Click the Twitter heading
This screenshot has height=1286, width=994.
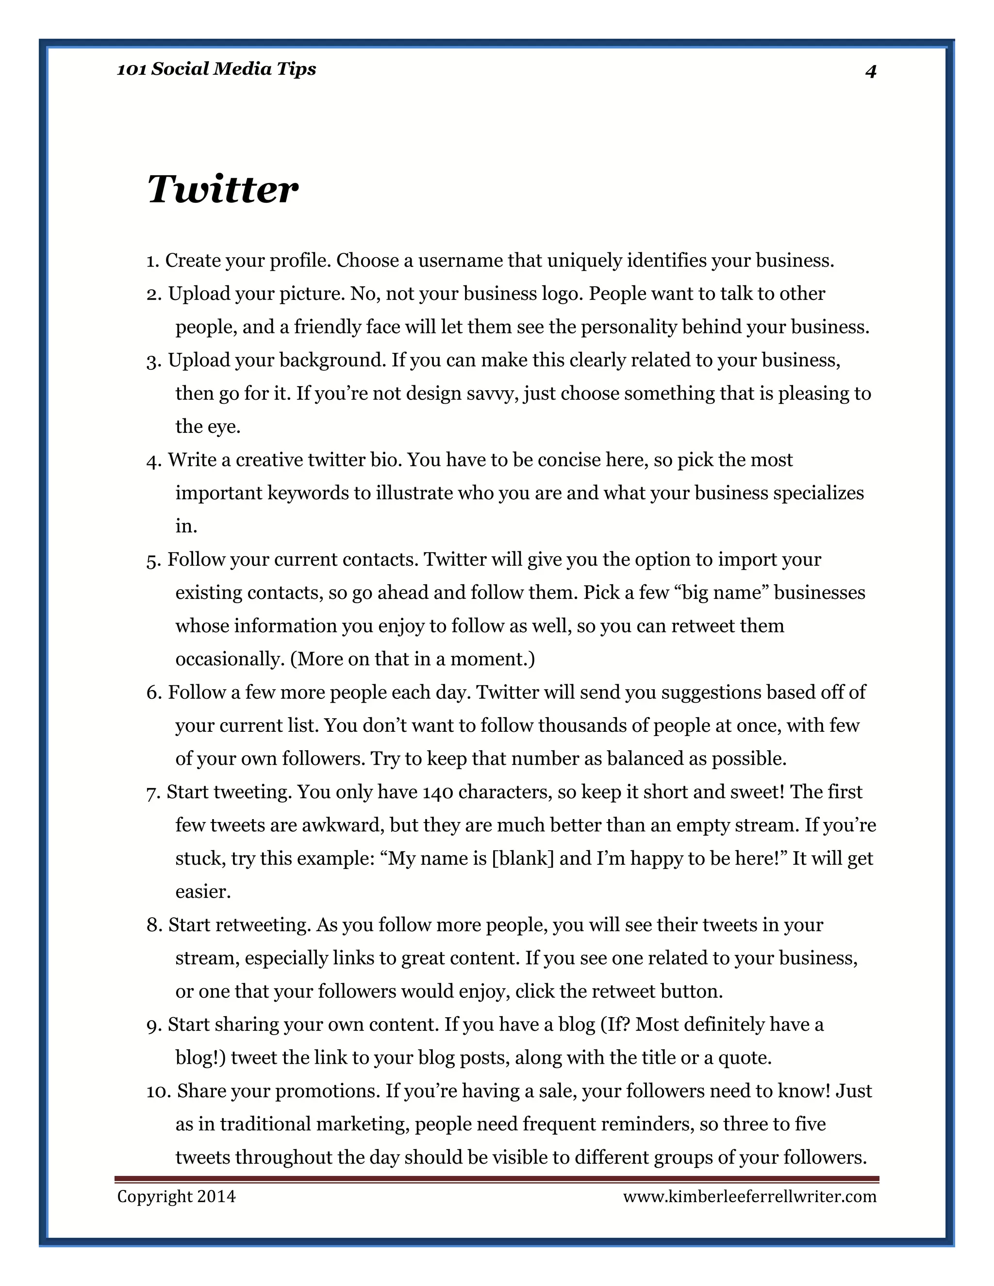pos(223,190)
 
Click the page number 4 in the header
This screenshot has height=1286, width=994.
pos(870,71)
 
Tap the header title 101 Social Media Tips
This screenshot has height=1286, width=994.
pos(216,69)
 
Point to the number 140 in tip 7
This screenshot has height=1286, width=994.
pos(437,792)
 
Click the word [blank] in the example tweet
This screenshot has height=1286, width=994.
pos(522,858)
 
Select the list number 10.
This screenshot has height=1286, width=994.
pos(158,1091)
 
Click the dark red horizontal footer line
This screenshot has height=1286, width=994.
pos(497,1179)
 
